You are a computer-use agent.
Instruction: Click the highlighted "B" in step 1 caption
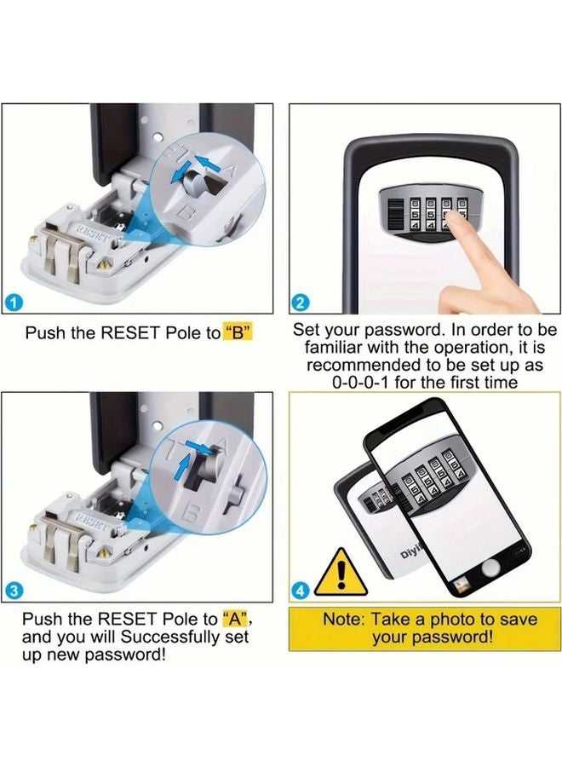(239, 332)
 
